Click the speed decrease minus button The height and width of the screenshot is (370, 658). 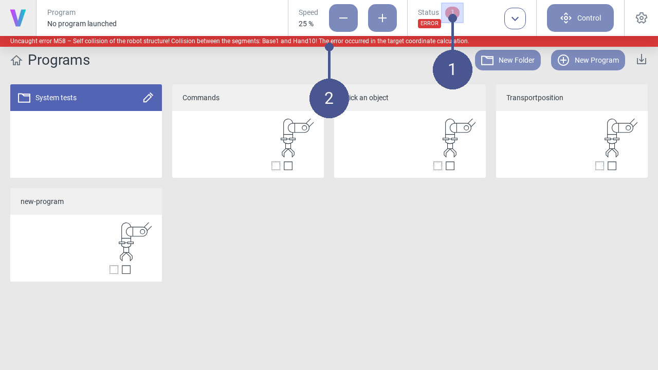tap(343, 18)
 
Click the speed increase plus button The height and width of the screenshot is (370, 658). tap(382, 18)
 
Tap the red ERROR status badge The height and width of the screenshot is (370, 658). tap(429, 24)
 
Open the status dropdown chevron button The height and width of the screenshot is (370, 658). tap(515, 18)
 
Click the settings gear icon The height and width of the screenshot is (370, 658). tap(641, 18)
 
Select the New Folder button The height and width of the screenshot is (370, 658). tap(507, 60)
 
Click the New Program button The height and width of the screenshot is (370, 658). tap(588, 60)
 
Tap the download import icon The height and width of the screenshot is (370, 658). tap(642, 60)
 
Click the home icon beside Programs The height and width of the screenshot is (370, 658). tap(16, 61)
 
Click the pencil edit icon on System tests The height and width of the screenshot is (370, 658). tap(148, 98)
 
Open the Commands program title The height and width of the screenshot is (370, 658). tap(201, 98)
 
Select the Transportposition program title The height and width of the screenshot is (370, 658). tap(535, 98)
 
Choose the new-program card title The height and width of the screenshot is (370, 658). tap(42, 202)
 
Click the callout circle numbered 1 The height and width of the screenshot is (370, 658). tap(452, 69)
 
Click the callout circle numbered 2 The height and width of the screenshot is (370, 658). tap(329, 98)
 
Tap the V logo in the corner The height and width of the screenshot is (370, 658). tap(18, 18)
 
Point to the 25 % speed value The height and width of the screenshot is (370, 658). tap(306, 24)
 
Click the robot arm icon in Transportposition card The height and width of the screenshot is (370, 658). tap(620, 138)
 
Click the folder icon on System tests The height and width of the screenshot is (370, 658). tap(24, 98)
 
